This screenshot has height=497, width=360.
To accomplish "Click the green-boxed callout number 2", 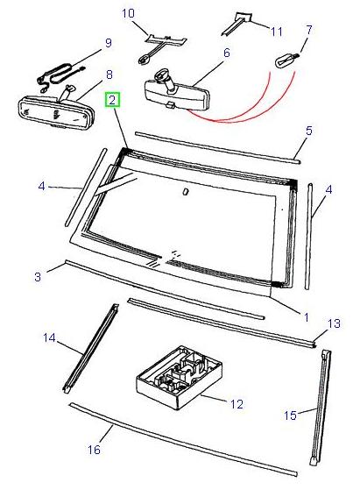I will click(112, 101).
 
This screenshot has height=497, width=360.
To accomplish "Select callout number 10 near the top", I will click(128, 13).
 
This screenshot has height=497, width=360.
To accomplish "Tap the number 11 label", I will click(276, 32).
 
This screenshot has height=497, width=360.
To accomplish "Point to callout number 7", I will click(307, 30).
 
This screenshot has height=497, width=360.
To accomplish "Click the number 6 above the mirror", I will click(226, 53).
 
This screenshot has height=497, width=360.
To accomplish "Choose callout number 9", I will click(108, 42).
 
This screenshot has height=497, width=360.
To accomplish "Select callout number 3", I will click(38, 278).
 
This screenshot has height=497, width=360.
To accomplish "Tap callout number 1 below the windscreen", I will click(305, 315).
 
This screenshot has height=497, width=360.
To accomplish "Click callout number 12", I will click(236, 404).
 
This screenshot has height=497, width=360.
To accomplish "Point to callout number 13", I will click(333, 323).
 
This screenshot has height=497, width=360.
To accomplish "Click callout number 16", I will click(95, 451).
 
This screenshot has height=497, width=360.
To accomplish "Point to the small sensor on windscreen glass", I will click(185, 191).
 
